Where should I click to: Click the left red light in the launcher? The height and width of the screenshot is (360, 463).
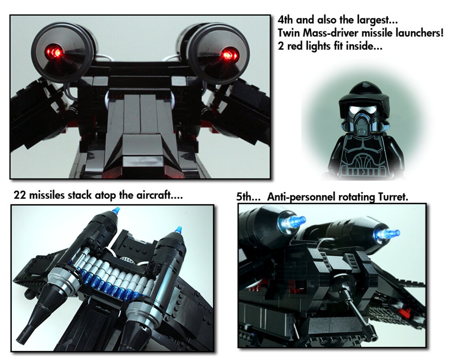coord(57,52)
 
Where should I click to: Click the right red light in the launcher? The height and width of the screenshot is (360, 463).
coord(228,55)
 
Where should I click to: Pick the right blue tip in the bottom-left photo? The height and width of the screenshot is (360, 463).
coord(177,231)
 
